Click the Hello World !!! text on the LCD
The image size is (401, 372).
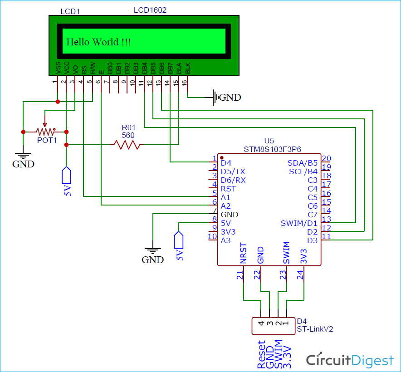pos(99,42)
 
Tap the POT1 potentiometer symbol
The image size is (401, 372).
pos(45,132)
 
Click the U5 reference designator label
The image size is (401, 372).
pos(269,141)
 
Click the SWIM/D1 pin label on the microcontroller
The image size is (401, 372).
pos(299,223)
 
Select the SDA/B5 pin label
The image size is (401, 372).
pos(303,163)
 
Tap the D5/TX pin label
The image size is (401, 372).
pos(233,171)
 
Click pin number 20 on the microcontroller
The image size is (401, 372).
pos(326,159)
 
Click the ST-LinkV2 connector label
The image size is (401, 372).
pos(315,329)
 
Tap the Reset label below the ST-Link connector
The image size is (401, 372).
pos(261,354)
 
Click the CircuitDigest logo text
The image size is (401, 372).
pos(350,360)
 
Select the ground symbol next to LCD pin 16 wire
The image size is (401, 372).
pos(215,97)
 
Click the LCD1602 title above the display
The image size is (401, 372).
pos(150,10)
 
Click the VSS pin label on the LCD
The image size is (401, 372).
pos(58,69)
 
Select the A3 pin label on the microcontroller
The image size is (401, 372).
pos(225,240)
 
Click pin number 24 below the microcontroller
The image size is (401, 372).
pos(300,274)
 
